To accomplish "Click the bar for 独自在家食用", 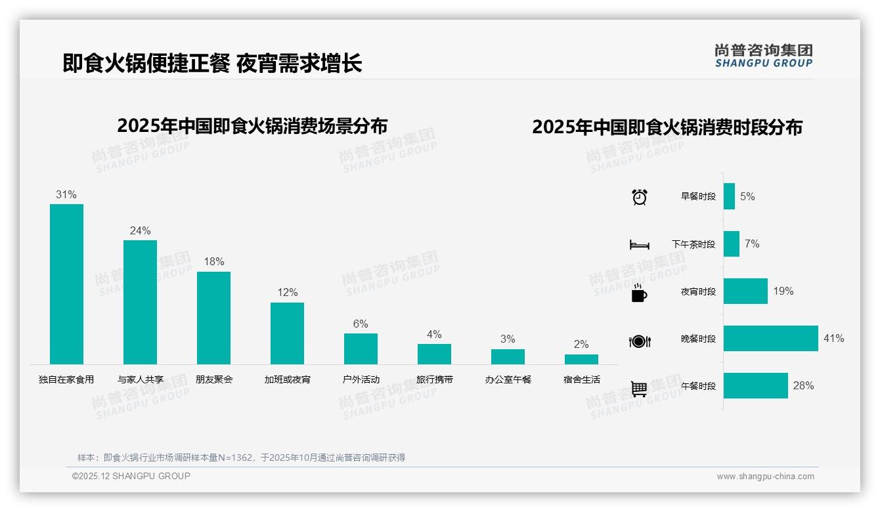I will [x=66, y=284].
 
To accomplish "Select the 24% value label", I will [x=140, y=230].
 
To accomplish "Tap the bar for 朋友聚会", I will [x=213, y=318].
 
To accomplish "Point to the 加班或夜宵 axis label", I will [x=287, y=379].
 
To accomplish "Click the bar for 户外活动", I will [x=361, y=349].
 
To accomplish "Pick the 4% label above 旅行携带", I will [x=434, y=334].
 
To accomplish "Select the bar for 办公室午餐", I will [x=508, y=356].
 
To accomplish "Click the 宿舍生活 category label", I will [x=581, y=379].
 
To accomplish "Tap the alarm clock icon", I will [x=639, y=197].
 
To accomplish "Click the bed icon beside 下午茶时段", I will [x=639, y=244].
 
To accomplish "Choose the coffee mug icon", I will [x=639, y=293].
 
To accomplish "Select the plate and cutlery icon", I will [x=639, y=341].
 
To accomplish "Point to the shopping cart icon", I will [x=639, y=389].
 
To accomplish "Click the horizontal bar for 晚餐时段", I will [x=770, y=339].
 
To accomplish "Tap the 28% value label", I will [x=803, y=386].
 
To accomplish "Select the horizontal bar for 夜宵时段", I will [x=745, y=291].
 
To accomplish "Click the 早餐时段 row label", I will [x=698, y=197].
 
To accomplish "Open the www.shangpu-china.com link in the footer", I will [x=765, y=477].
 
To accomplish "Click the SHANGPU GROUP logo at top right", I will [x=763, y=55].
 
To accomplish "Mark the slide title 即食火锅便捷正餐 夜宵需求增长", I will [x=212, y=64].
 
